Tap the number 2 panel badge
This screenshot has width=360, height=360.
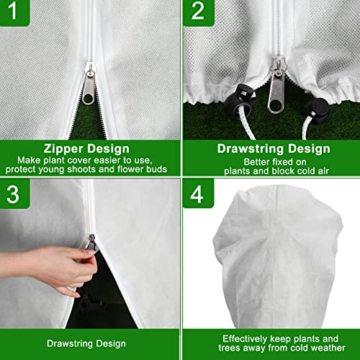coord(196,12)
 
